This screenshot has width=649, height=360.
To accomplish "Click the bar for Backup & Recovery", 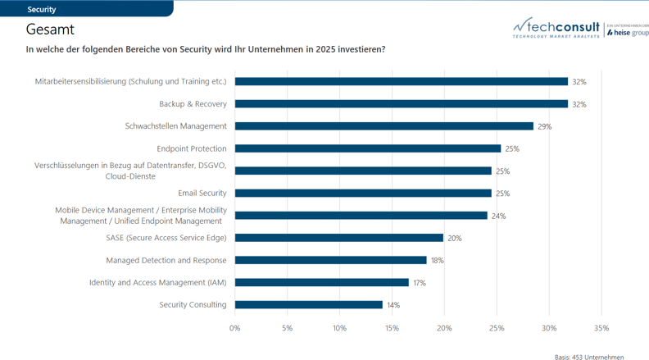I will click(401, 104).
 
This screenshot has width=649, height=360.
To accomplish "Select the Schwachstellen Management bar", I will click(383, 126).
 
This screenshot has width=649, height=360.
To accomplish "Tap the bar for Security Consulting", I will click(308, 305).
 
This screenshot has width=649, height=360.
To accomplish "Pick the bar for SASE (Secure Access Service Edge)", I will click(338, 238).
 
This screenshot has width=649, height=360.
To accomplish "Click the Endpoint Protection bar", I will click(367, 148).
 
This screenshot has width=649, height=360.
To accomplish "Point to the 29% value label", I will click(545, 127).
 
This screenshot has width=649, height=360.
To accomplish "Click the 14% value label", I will click(393, 305).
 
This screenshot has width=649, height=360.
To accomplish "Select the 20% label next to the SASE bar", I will click(454, 239).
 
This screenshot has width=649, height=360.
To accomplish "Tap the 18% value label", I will click(438, 261).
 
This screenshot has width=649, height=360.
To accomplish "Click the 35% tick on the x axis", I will click(601, 328).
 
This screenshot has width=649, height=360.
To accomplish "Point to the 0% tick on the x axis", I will click(235, 328).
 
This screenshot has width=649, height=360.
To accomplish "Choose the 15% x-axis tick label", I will click(392, 328).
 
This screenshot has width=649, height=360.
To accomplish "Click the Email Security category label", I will click(202, 194).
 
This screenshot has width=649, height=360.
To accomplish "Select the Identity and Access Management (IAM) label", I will click(158, 283).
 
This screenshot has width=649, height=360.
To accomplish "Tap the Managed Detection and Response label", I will click(166, 261).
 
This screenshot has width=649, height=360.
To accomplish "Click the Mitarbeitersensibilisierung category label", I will click(131, 82).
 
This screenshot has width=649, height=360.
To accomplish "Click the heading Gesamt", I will click(50, 30).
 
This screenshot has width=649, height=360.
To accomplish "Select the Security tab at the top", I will click(42, 9).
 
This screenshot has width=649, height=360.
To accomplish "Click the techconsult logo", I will click(557, 29).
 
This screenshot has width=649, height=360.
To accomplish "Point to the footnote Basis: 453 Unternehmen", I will click(589, 357).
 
